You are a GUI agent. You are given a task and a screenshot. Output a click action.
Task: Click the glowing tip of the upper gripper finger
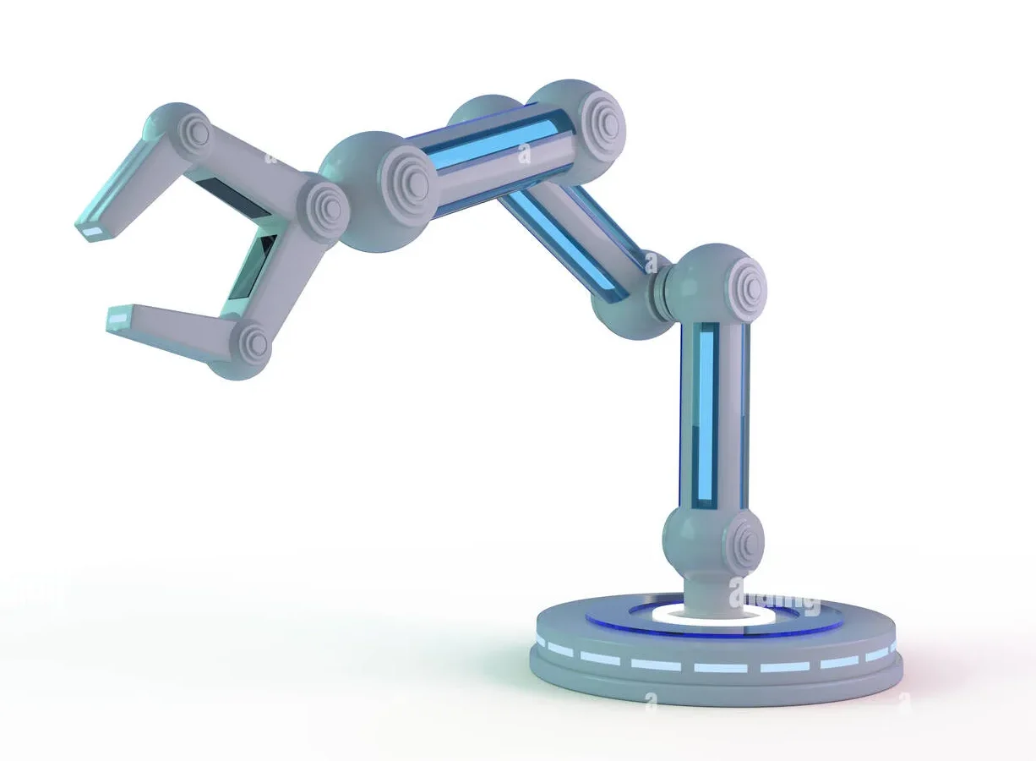(91, 229)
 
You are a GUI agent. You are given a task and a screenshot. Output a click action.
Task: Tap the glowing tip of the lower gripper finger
(117, 318)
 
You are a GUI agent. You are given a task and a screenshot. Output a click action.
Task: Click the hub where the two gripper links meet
(324, 205)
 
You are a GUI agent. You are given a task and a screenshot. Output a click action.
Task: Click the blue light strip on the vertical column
(706, 414)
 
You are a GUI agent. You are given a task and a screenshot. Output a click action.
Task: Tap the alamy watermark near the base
(774, 595)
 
